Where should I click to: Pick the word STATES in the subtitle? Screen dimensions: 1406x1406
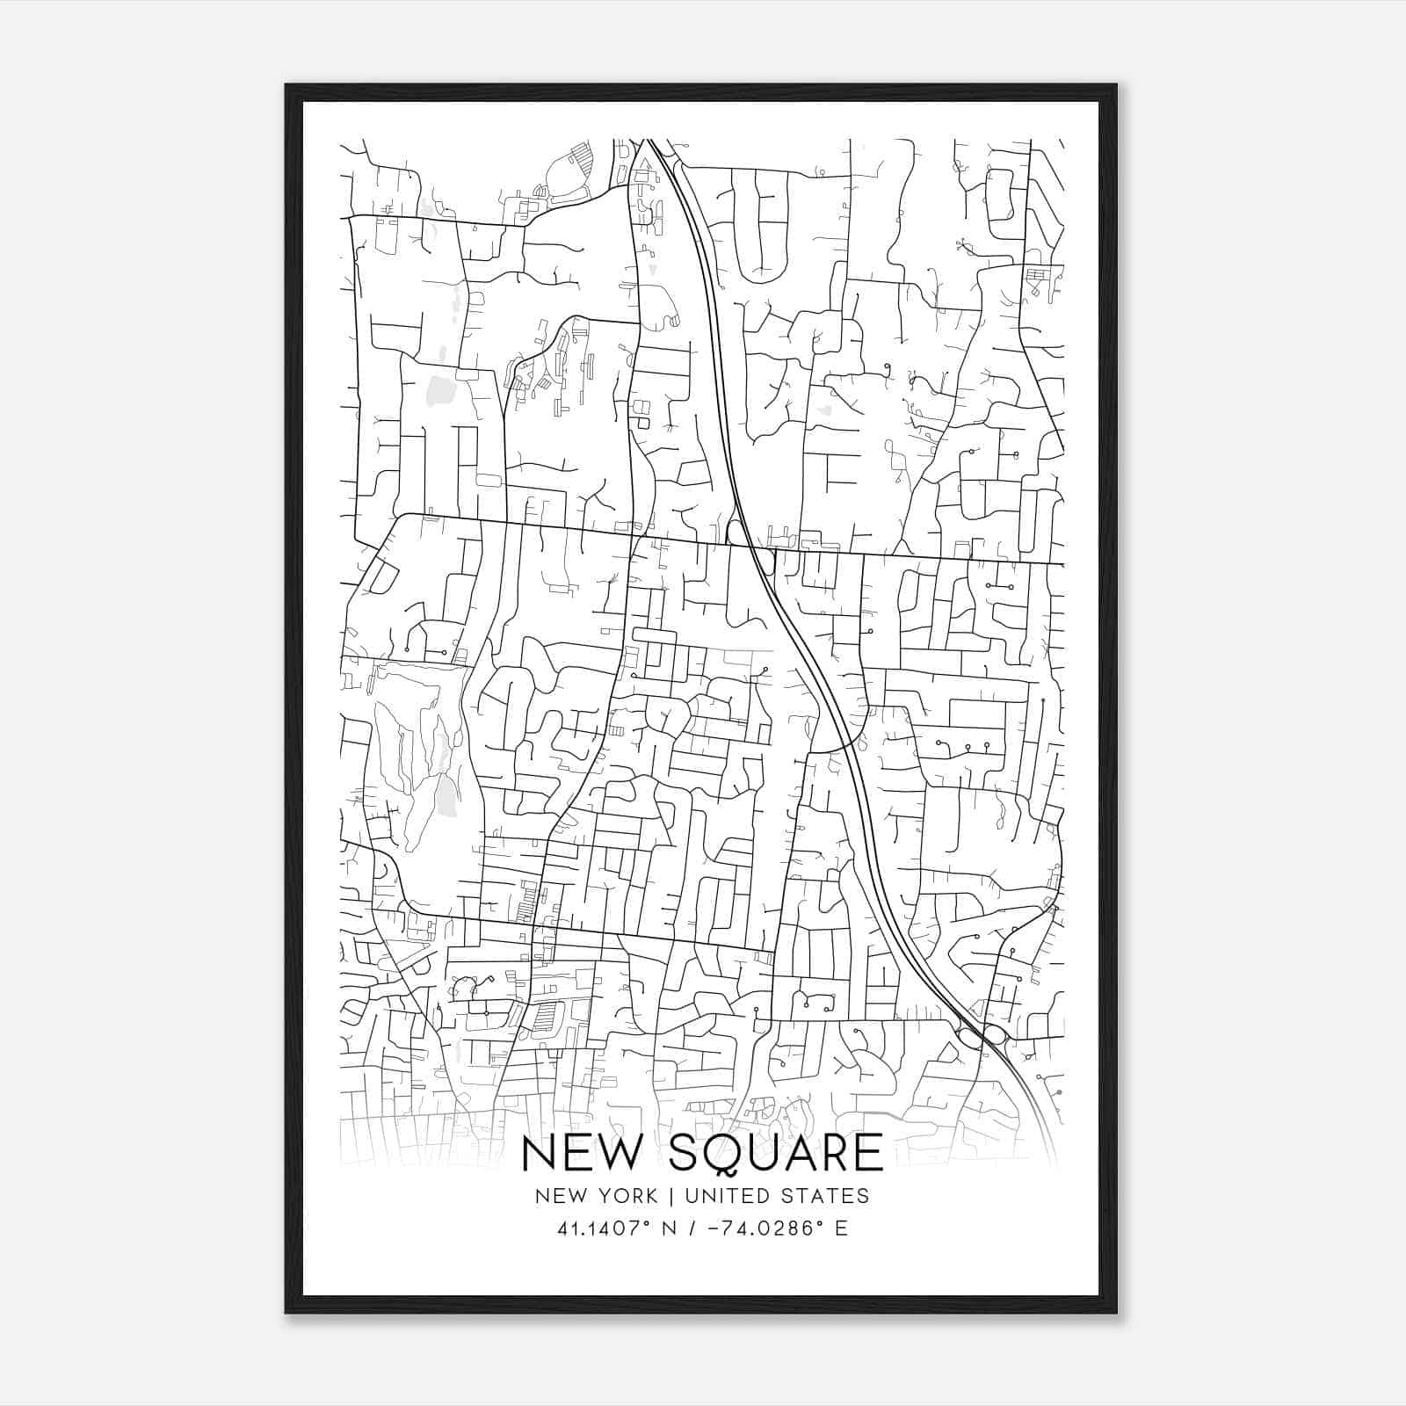pos(823,1196)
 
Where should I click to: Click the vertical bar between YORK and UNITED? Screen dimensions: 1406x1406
pos(670,1196)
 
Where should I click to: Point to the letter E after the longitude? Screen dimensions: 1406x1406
pos(841,1228)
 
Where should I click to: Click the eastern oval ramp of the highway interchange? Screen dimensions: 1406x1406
pos(994,1033)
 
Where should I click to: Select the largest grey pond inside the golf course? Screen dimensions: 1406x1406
pos(446,795)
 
